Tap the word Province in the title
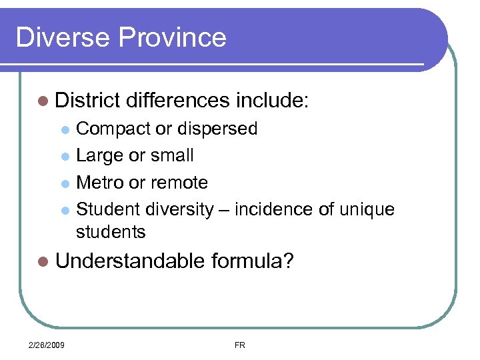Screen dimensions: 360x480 [x=173, y=37]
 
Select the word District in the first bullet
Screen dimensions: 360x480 [x=87, y=101]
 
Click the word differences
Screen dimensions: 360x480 [x=177, y=101]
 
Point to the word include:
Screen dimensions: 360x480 [x=272, y=101]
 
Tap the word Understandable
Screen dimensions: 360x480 [x=130, y=261]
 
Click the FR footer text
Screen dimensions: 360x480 [x=240, y=344]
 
